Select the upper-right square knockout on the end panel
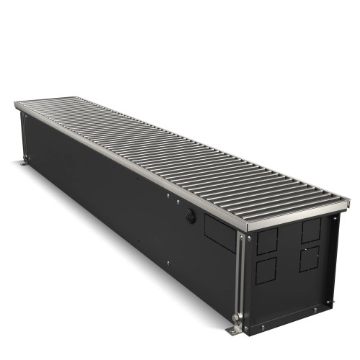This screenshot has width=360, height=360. tap(311, 230)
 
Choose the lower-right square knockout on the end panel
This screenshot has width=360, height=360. tap(310, 258)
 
